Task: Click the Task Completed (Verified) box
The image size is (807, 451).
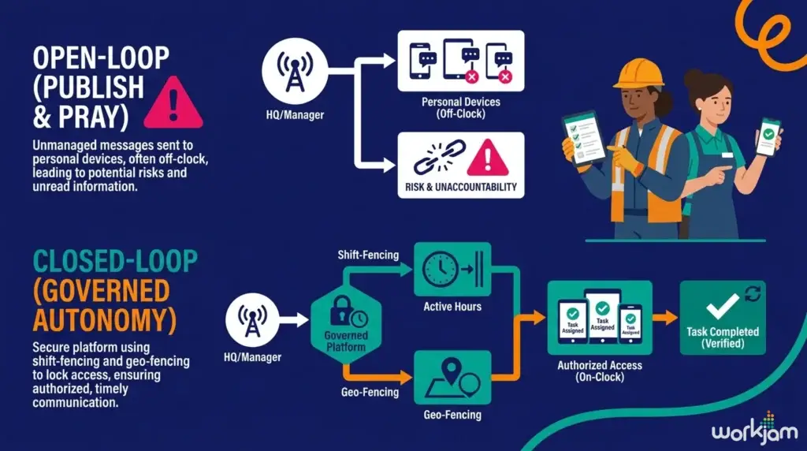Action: click(x=723, y=318)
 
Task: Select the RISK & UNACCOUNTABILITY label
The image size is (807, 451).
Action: click(x=460, y=187)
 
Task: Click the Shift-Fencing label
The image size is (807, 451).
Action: click(x=368, y=255)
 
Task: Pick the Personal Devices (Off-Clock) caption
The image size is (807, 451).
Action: click(x=460, y=107)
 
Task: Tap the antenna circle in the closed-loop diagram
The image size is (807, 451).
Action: click(x=252, y=319)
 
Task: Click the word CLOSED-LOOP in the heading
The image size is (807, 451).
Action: click(x=115, y=261)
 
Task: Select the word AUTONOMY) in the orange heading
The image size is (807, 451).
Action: click(x=105, y=319)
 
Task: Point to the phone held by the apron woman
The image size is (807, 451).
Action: click(x=768, y=137)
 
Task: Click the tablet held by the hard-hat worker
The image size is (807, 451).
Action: click(x=584, y=139)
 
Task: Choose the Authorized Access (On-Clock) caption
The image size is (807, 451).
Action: click(x=600, y=371)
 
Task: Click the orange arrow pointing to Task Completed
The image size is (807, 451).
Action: click(x=665, y=318)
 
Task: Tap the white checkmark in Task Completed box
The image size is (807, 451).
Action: click(x=723, y=306)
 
